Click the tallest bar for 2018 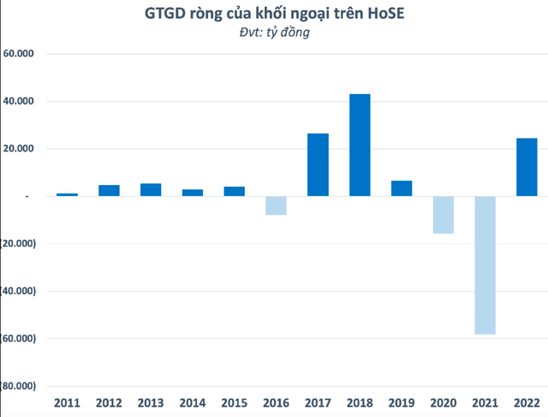click(360, 145)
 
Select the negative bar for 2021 click(485, 265)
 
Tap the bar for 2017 click(318, 164)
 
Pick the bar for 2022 click(527, 167)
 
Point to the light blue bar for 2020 click(443, 214)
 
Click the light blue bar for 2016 click(276, 206)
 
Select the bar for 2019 click(402, 188)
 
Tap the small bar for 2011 click(67, 194)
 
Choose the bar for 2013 click(151, 190)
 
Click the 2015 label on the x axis click(234, 402)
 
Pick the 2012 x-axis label click(109, 402)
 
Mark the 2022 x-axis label click(527, 402)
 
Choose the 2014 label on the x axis click(193, 402)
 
